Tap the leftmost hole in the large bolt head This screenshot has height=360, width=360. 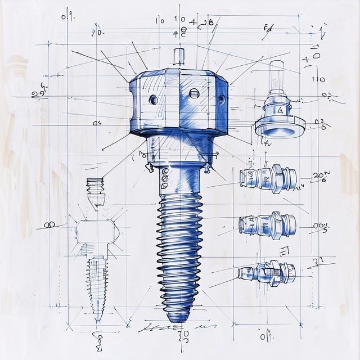pos(153,100)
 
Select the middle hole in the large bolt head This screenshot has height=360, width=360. pos(194,93)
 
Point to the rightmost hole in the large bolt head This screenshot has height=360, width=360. pos(221,100)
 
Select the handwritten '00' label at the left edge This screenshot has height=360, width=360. pos(49,224)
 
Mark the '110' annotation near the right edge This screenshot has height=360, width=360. pos(318,79)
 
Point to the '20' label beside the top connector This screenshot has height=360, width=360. pos(319,176)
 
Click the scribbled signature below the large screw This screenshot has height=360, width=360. pos(163,326)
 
